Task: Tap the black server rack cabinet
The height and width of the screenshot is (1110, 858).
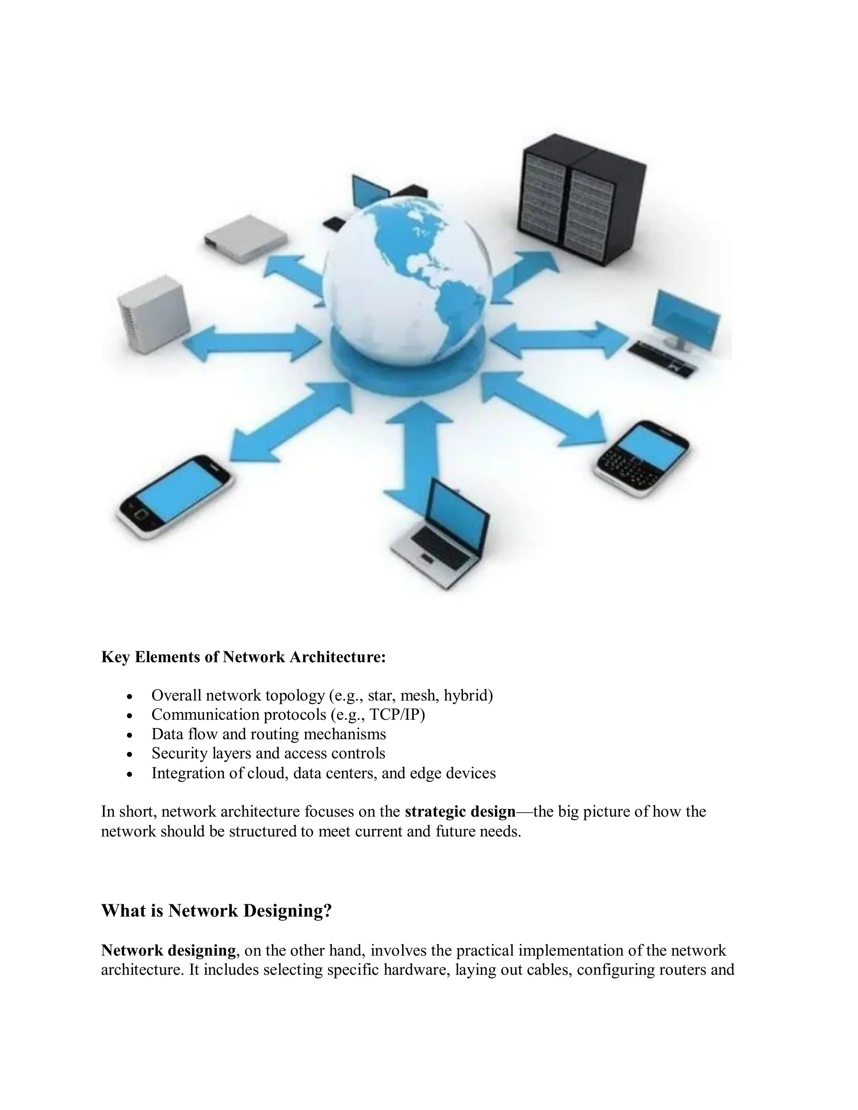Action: (x=581, y=198)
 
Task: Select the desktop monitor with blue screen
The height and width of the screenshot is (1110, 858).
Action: (x=686, y=317)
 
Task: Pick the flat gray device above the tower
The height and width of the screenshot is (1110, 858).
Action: (x=246, y=238)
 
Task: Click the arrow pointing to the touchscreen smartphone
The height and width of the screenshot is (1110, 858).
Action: (x=290, y=422)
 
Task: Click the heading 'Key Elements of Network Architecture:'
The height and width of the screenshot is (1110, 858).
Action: (x=243, y=657)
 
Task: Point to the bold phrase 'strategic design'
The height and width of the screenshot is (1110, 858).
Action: (x=460, y=811)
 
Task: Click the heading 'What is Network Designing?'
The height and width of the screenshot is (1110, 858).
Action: (x=217, y=910)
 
